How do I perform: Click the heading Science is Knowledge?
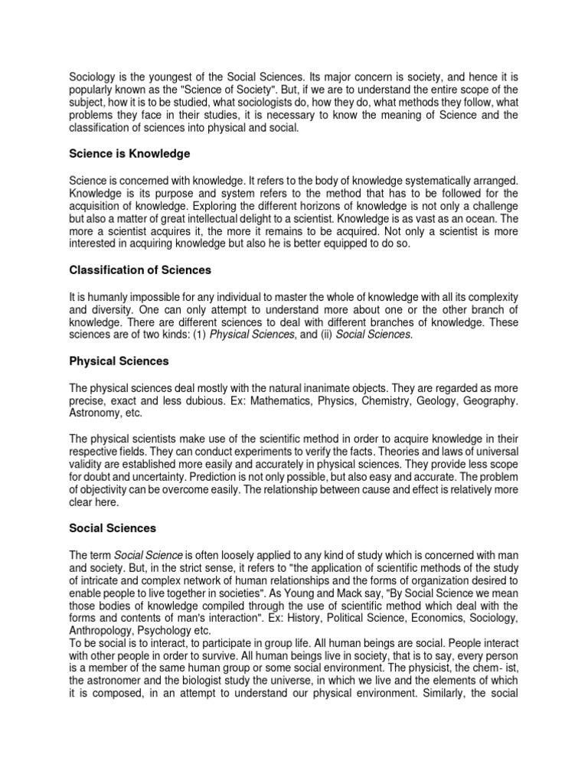click(129, 154)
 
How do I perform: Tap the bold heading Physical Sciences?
click(119, 361)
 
